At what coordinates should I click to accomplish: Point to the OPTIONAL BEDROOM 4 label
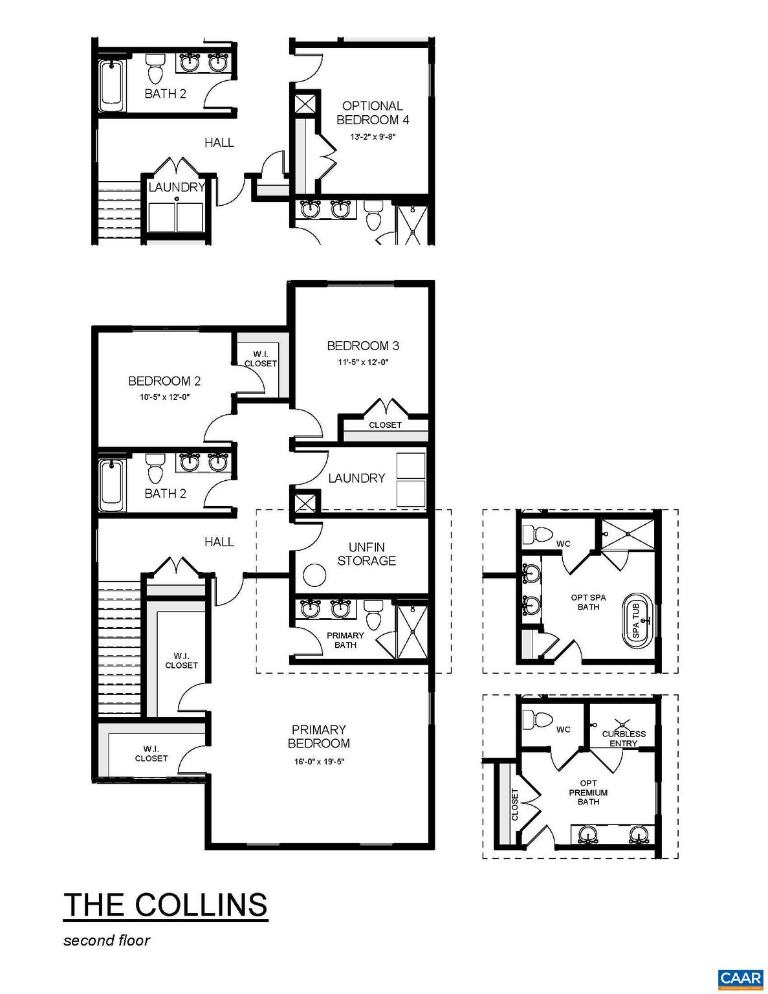click(372, 113)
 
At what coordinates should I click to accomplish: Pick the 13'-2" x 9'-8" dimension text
click(372, 137)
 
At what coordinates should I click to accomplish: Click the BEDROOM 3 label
click(358, 346)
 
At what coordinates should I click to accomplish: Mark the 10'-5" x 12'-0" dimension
click(164, 397)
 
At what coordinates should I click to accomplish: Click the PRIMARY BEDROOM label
click(319, 736)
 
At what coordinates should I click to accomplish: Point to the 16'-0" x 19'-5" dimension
click(319, 762)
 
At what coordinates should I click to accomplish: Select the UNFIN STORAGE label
click(366, 554)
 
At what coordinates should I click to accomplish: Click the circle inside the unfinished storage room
click(315, 575)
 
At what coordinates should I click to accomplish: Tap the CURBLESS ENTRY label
click(624, 738)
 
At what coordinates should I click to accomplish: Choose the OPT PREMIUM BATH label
click(588, 793)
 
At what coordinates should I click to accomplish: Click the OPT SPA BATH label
click(588, 602)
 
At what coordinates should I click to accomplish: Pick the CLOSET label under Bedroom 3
click(385, 425)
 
